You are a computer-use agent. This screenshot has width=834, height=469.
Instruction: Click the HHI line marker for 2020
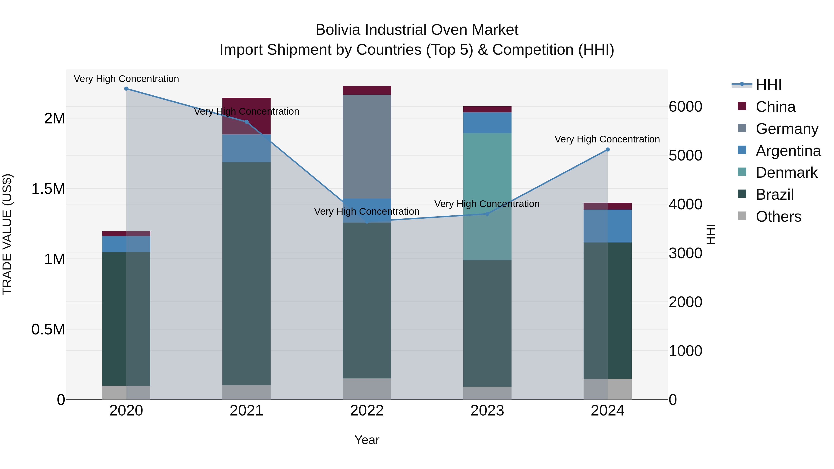tap(126, 89)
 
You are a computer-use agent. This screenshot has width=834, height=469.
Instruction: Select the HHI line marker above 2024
tap(607, 150)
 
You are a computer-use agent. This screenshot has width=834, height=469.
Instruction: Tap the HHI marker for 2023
tap(487, 214)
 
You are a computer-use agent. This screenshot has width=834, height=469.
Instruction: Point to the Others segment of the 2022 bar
tap(367, 389)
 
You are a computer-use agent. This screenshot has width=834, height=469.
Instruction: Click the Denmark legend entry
tap(786, 173)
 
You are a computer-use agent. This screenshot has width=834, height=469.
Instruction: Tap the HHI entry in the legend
tap(768, 85)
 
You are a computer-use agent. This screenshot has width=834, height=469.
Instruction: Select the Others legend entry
tap(778, 217)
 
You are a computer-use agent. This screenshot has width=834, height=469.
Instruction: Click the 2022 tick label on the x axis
tap(367, 411)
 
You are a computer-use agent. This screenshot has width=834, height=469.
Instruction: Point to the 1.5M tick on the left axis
tap(48, 189)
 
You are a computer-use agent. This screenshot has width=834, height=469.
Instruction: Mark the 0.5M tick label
tap(48, 330)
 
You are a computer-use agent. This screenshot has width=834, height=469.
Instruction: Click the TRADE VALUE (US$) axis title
tap(7, 234)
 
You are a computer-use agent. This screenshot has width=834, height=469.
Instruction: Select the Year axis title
tap(367, 440)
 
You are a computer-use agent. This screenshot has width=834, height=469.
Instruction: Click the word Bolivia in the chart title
tap(338, 30)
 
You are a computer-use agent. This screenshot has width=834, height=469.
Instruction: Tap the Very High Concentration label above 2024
tap(607, 139)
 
